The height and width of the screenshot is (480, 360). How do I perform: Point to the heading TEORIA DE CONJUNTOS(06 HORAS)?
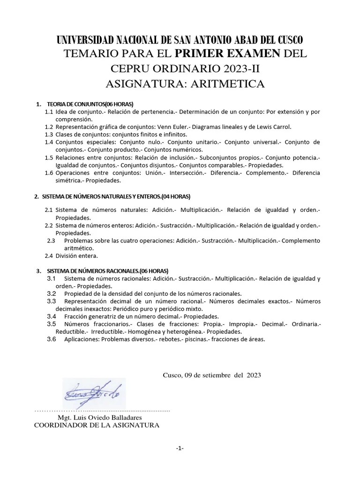(90, 104)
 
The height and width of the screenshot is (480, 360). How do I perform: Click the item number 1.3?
(49, 134)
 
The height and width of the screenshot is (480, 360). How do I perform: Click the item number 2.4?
(49, 256)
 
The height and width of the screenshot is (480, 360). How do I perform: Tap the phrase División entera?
(76, 256)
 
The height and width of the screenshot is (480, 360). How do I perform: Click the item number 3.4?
(52, 316)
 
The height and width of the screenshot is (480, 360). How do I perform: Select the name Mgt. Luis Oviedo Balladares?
(99, 417)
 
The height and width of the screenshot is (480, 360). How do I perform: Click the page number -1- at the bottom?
(180, 449)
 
